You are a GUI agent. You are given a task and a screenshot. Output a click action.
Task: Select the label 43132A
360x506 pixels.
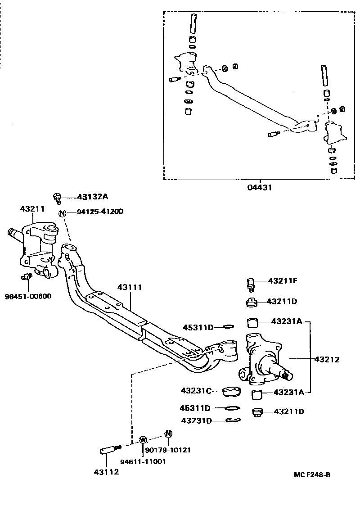93,197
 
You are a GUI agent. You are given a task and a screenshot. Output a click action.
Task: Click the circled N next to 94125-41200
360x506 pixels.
62,212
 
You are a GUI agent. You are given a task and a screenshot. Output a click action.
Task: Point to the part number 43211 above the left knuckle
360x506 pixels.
32,209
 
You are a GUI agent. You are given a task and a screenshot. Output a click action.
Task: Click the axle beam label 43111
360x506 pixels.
130,286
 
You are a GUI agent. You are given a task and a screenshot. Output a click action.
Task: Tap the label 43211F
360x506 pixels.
283,281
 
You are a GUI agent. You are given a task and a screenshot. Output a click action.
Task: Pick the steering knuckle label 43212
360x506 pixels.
327,359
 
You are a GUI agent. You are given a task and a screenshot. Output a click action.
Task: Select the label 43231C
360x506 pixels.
196,391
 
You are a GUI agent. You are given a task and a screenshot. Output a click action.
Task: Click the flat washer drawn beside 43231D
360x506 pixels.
233,420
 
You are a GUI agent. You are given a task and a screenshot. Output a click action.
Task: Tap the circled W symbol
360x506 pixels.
143,439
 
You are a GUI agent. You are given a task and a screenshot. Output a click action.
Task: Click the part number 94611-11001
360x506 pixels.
143,461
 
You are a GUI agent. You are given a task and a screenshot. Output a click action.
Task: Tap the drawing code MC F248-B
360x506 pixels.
312,474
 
